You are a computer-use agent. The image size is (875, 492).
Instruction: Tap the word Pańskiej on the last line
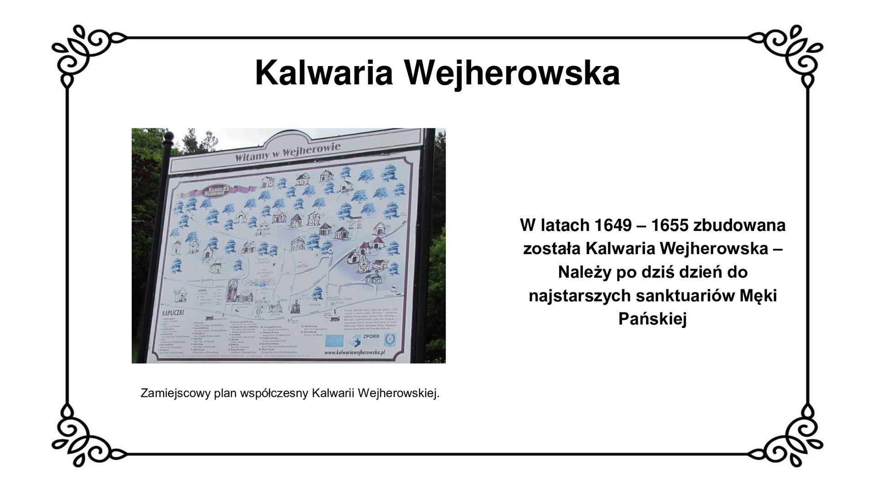coord(652,319)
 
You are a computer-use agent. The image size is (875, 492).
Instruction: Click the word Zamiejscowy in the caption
coord(175,393)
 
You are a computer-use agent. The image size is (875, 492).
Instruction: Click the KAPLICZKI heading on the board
coord(175,314)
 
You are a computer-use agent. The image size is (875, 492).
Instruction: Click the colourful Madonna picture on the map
coord(232,290)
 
